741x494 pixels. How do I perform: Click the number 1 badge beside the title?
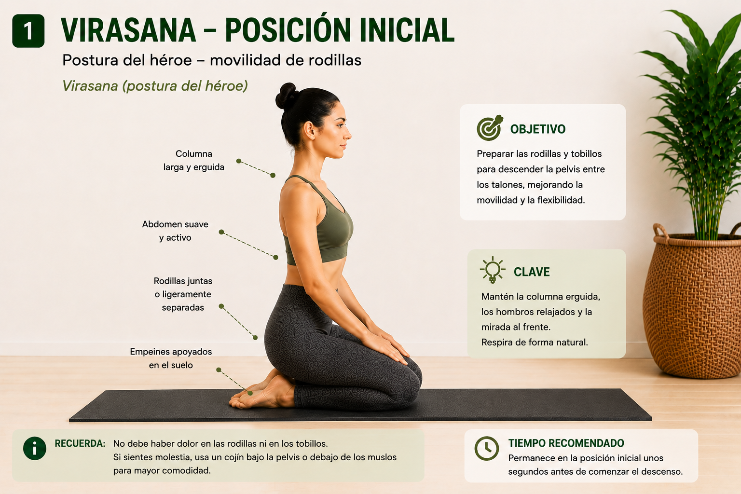pos(28,31)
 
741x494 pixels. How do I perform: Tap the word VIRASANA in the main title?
pos(128,30)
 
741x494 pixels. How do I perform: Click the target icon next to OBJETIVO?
pos(490,128)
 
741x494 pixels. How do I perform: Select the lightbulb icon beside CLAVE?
pos(493,270)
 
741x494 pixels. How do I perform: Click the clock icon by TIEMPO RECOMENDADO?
pos(487,448)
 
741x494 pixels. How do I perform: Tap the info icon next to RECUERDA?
pos(35,448)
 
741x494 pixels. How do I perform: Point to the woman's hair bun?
pos(287,96)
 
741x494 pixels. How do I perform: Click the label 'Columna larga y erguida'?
pos(194,161)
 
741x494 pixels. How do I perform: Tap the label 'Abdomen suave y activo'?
pos(175,231)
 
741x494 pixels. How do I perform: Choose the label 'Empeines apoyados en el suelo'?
pos(171,358)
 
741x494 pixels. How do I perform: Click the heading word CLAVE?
pos(532,272)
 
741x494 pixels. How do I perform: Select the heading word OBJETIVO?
pos(538,129)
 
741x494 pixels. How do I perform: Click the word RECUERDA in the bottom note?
pos(80,443)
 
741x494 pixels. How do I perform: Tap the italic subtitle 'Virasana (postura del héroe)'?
pos(155,86)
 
